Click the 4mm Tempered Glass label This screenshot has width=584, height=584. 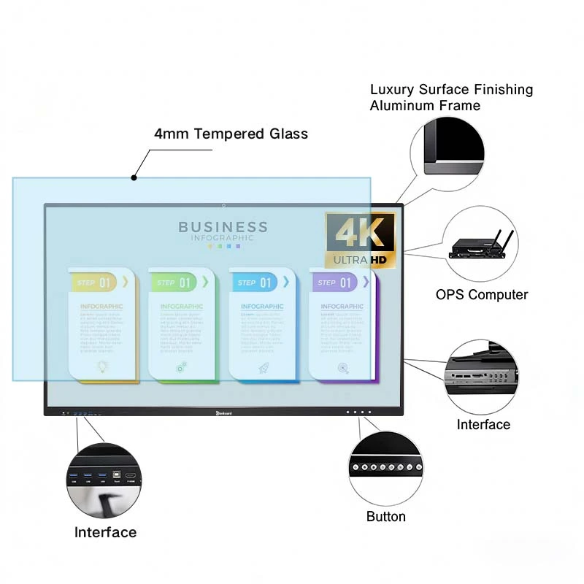click(231, 134)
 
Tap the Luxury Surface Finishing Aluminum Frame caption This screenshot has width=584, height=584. click(451, 97)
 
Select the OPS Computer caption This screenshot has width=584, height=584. click(481, 295)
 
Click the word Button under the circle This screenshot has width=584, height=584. click(385, 517)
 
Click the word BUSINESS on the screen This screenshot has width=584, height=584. click(223, 228)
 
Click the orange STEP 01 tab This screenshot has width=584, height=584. click(96, 283)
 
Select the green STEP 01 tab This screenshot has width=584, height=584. click(176, 283)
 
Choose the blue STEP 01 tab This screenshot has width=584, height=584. click(256, 283)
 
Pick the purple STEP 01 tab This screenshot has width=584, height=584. click(337, 283)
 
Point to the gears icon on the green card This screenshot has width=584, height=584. click(181, 368)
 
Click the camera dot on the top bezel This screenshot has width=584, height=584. click(223, 205)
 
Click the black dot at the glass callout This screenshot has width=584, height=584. click(134, 177)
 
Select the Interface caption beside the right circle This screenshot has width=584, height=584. click(483, 424)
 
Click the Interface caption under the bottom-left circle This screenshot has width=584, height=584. click(105, 532)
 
